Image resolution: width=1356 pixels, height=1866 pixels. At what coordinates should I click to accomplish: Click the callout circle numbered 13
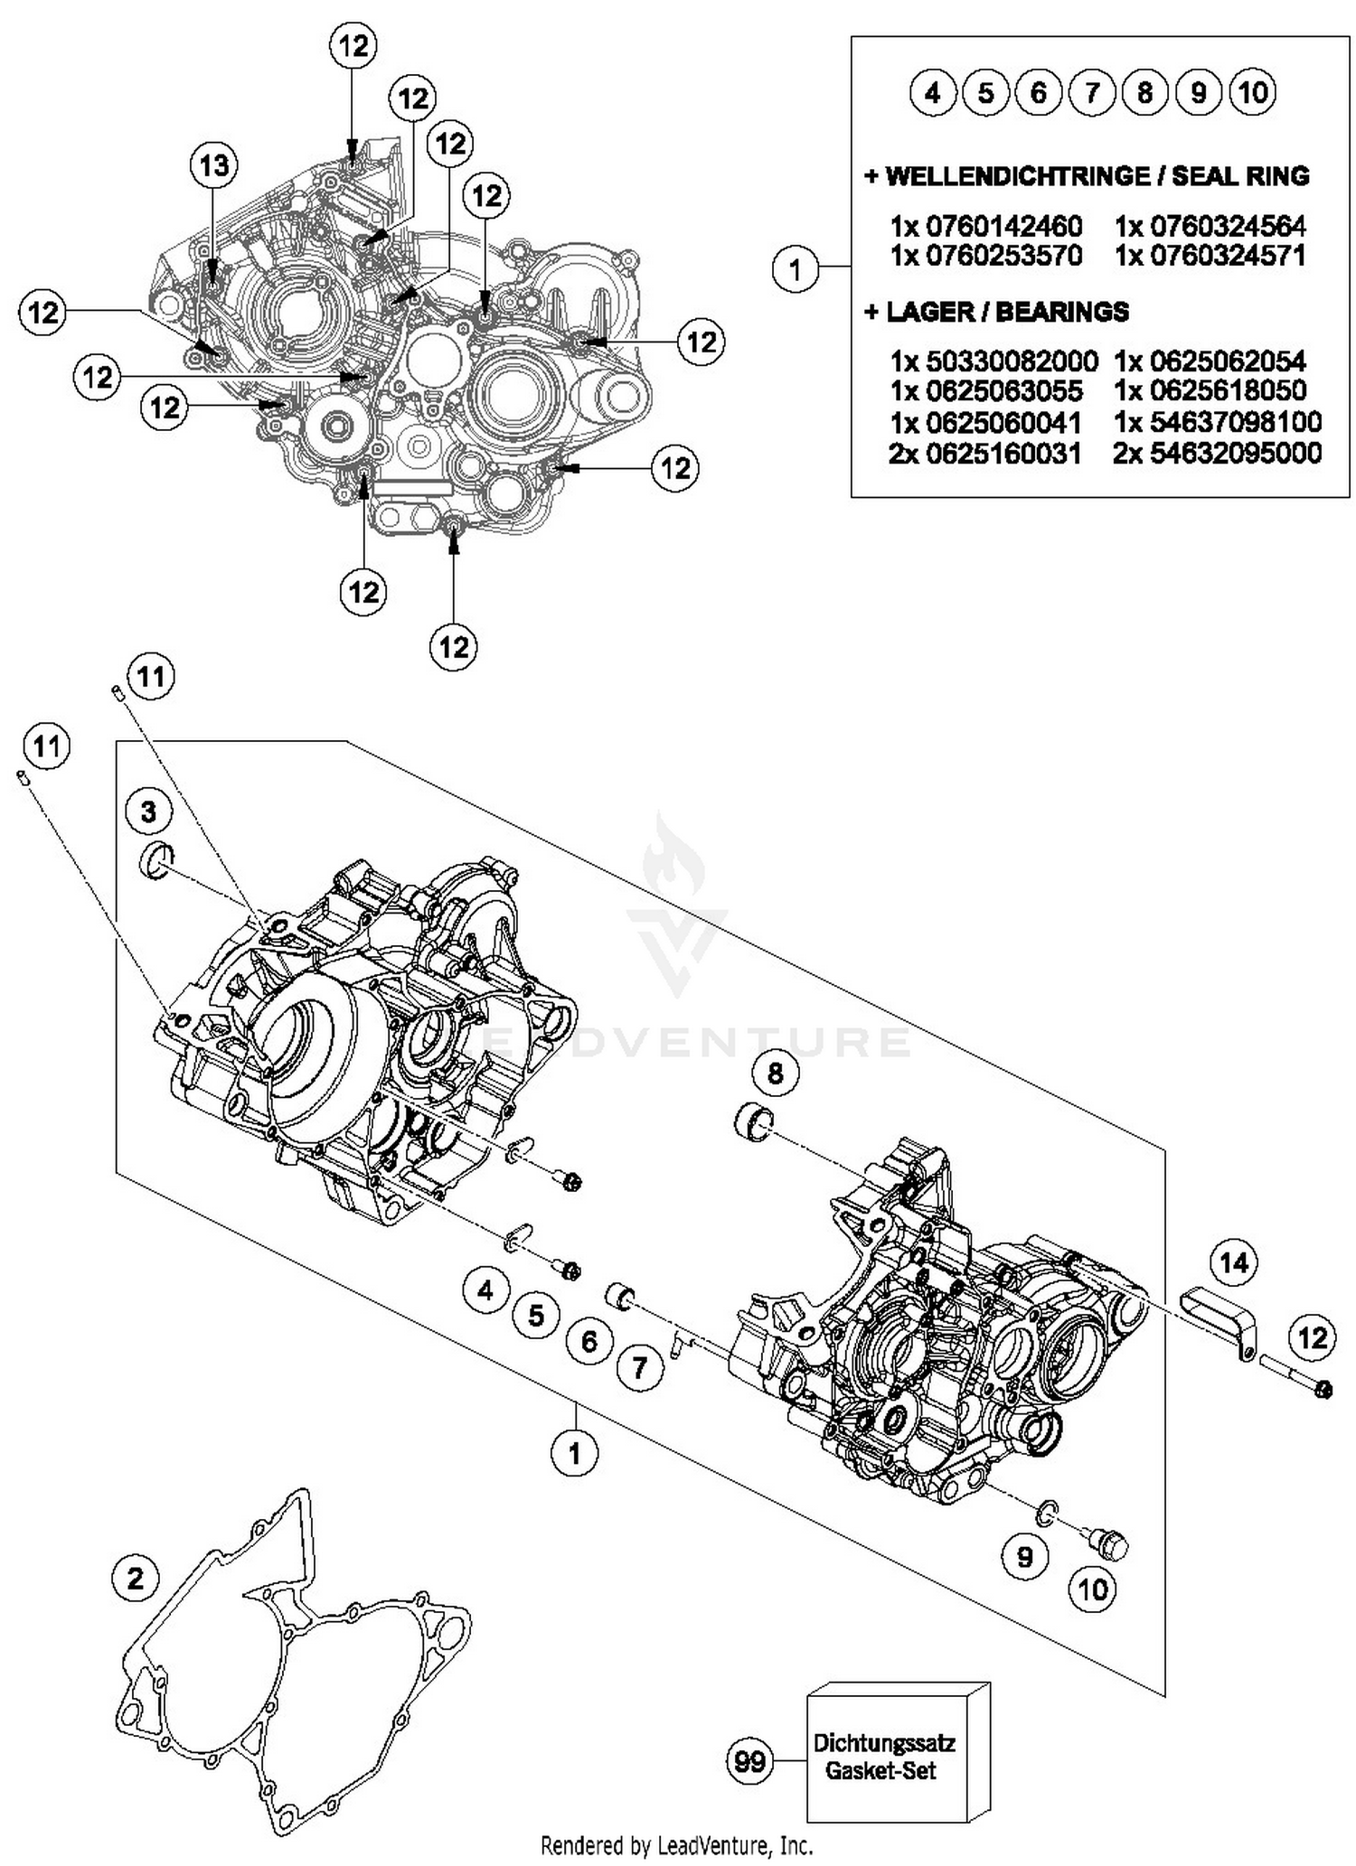click(213, 165)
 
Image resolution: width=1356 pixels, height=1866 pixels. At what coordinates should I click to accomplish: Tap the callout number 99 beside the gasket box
click(750, 1760)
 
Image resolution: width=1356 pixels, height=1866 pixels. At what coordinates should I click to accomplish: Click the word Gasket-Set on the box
click(880, 1770)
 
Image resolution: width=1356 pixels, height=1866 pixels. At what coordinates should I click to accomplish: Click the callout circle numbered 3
click(148, 811)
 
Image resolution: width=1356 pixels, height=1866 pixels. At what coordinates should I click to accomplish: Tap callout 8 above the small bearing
click(775, 1073)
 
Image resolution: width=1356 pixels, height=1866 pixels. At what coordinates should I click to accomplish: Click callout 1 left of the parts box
click(795, 269)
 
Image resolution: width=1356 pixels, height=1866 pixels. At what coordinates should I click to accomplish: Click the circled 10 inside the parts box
click(1253, 92)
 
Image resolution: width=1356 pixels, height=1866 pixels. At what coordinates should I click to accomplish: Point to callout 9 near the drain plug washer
click(1024, 1555)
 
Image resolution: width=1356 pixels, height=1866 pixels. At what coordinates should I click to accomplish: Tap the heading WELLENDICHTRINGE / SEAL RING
click(1087, 176)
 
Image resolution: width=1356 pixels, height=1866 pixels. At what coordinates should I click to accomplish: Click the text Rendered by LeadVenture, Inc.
click(676, 1843)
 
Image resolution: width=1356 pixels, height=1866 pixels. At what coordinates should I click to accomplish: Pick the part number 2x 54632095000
click(1217, 454)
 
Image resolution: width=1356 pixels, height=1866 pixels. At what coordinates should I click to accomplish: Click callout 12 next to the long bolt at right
click(1312, 1337)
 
